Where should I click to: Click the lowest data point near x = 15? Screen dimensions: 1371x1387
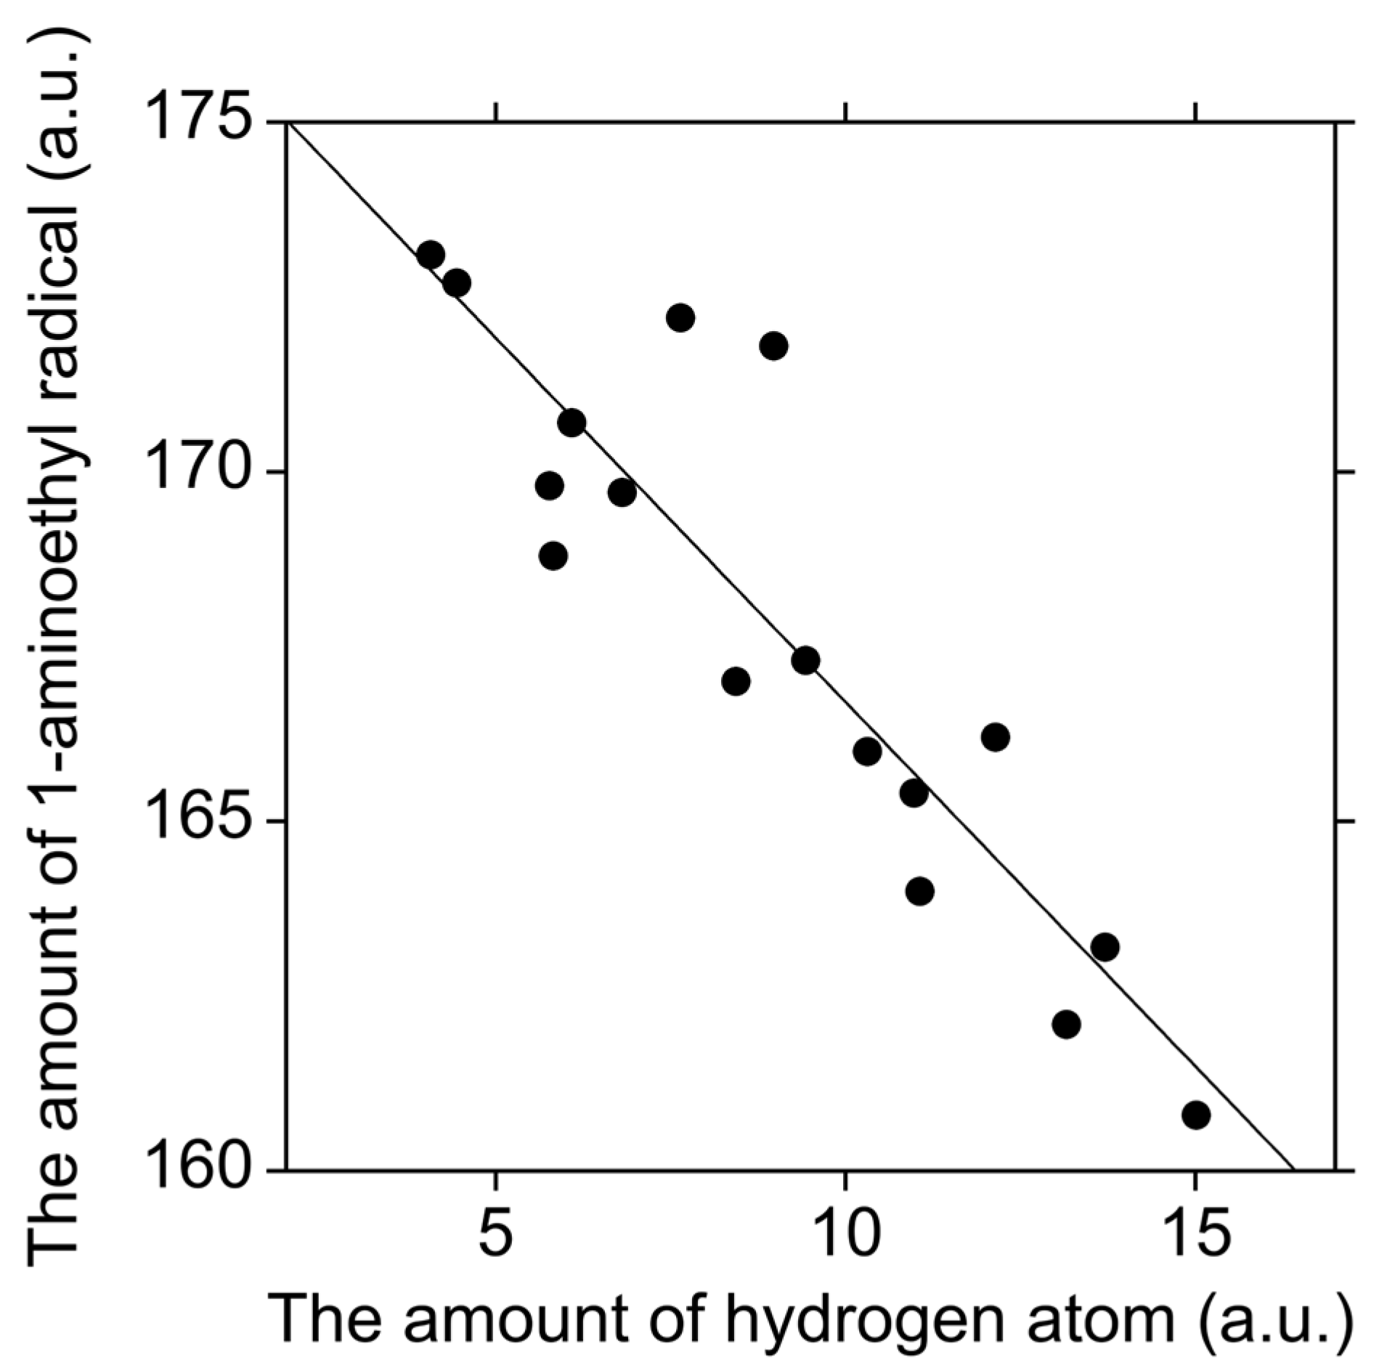[x=1195, y=1114]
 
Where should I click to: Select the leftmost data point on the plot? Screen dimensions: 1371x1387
[x=431, y=256]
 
